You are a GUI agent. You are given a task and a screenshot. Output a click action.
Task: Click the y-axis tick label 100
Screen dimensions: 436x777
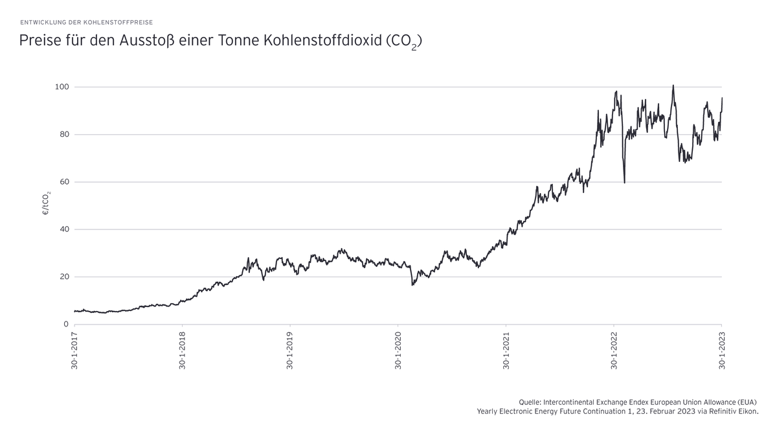(62, 87)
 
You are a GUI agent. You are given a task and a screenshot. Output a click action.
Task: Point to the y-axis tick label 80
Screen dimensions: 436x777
(64, 134)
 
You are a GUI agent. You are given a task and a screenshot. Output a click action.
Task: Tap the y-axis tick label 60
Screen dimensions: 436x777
(64, 182)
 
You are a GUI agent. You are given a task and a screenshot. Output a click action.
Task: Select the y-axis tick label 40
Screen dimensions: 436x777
(64, 229)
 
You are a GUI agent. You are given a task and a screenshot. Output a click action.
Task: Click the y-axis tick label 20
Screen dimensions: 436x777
(64, 277)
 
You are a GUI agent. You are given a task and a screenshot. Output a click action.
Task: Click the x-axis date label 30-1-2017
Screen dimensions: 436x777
(74, 350)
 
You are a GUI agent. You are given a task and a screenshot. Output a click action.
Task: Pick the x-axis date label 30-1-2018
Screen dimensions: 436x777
(183, 350)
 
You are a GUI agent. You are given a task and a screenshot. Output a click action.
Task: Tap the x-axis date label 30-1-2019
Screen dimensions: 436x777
(290, 350)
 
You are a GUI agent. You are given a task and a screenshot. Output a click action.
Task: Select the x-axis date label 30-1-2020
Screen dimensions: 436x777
(398, 350)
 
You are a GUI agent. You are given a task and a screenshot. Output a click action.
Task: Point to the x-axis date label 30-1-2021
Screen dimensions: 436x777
(506, 350)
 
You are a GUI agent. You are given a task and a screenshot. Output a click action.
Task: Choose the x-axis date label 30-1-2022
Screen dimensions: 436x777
(614, 350)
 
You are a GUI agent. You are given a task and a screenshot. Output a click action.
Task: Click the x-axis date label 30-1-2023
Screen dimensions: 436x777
(722, 350)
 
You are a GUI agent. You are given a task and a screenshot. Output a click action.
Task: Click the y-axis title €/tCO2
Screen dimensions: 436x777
(47, 202)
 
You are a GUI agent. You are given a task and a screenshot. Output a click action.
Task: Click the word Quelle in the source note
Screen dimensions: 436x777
(530, 402)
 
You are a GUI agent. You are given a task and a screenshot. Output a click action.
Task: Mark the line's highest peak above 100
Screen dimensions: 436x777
(673, 86)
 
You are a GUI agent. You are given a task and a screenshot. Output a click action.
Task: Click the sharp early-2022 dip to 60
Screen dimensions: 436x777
(624, 182)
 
